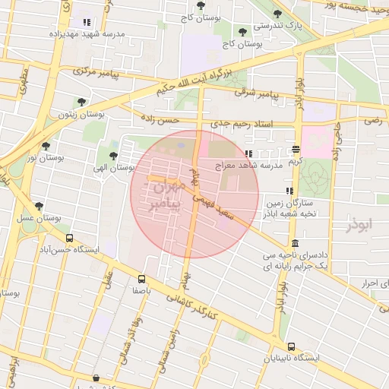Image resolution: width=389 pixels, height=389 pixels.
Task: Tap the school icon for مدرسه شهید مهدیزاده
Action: [86, 23]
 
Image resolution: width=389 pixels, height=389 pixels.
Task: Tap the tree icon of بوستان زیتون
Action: [81, 102]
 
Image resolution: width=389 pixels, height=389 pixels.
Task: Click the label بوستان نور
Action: [43, 157]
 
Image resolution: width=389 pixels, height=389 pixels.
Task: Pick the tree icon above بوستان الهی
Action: [113, 156]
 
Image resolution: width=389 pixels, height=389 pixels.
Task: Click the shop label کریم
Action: [296, 161]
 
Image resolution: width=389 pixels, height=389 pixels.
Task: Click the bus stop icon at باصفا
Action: [142, 279]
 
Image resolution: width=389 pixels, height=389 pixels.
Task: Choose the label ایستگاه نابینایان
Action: [292, 357]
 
